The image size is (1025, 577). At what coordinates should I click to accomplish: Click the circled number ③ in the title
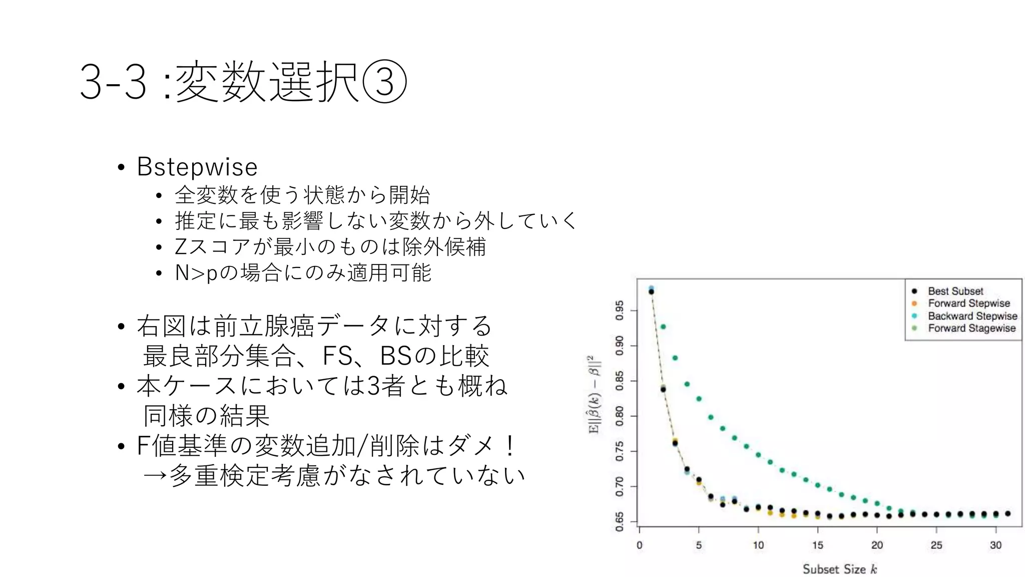point(384,82)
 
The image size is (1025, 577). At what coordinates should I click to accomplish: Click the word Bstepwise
point(197,167)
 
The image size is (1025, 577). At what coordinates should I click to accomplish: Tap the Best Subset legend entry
point(955,291)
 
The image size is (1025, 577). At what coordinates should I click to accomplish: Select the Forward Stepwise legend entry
point(968,303)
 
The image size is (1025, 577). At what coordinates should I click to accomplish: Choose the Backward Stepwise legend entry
point(972,316)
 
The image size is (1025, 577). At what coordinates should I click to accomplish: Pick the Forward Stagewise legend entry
point(971,328)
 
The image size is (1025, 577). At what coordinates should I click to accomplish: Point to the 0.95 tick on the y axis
point(620,311)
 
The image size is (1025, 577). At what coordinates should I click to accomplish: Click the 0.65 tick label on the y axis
point(620,521)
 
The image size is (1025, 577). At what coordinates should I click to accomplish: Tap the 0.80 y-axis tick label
point(620,416)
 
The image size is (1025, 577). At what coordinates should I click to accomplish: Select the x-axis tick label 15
point(817,545)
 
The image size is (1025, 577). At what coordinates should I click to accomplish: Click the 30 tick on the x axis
point(995,545)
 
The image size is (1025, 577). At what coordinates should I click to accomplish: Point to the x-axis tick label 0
point(639,545)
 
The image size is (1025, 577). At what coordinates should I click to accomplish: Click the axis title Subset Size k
point(839,569)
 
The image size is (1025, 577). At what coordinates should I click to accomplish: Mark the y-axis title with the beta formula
point(594,395)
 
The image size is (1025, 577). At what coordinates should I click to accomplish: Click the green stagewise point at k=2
point(663,327)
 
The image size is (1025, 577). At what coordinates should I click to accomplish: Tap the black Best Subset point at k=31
point(1007,513)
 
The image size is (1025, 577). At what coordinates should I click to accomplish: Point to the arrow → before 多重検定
point(155,475)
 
